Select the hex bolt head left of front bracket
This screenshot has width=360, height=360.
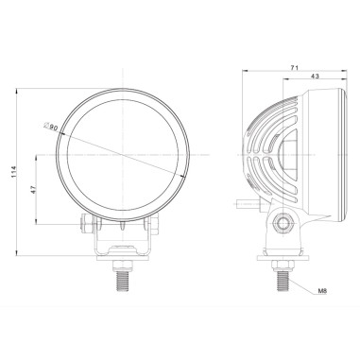[x=85, y=224]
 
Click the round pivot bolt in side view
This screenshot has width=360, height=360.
[x=281, y=224]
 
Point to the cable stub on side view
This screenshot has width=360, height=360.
[x=242, y=201]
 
